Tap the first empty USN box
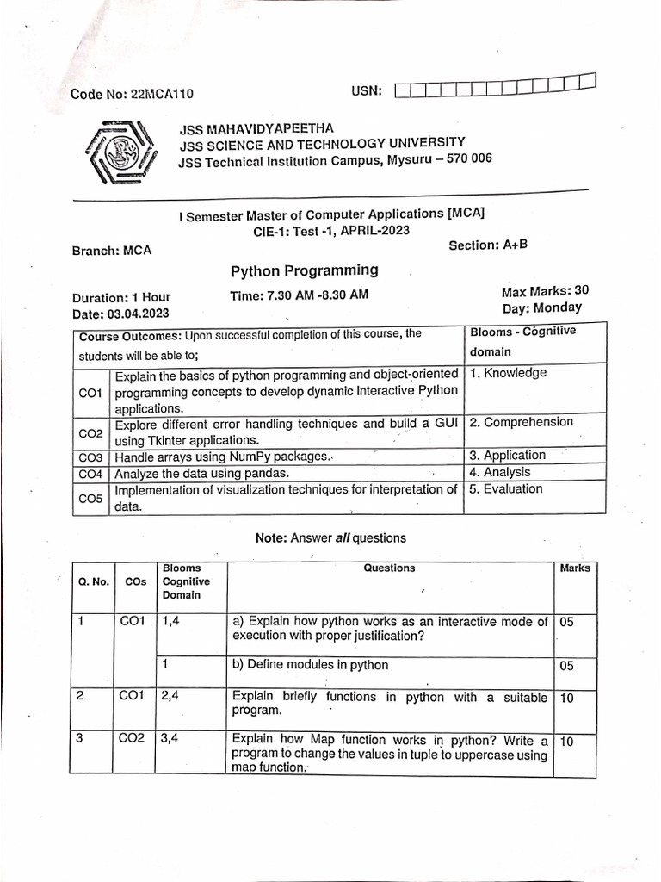pyautogui.click(x=404, y=90)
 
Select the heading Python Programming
pyautogui.click(x=304, y=271)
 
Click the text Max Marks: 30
pyautogui.click(x=545, y=291)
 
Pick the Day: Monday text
pyautogui.click(x=542, y=307)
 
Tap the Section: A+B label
pyautogui.click(x=488, y=245)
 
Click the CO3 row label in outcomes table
pyautogui.click(x=90, y=457)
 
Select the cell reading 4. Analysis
pyautogui.click(x=500, y=472)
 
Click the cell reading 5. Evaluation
pyautogui.click(x=506, y=488)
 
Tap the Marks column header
pyautogui.click(x=575, y=568)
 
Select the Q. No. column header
pyautogui.click(x=94, y=581)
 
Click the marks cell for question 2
pyautogui.click(x=566, y=699)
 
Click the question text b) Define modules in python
pyautogui.click(x=310, y=665)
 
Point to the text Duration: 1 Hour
pyautogui.click(x=121, y=298)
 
